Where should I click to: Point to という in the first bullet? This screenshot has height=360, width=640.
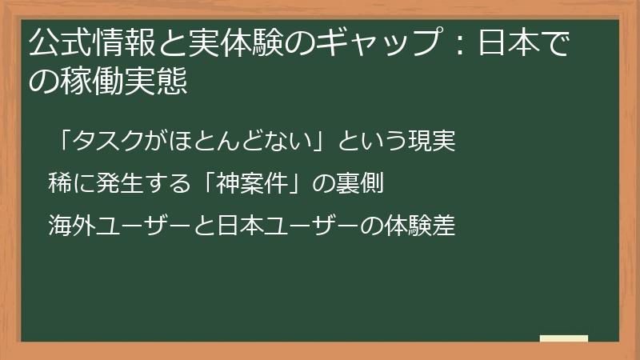(374, 142)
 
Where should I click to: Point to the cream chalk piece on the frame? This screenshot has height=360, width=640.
(563, 338)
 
